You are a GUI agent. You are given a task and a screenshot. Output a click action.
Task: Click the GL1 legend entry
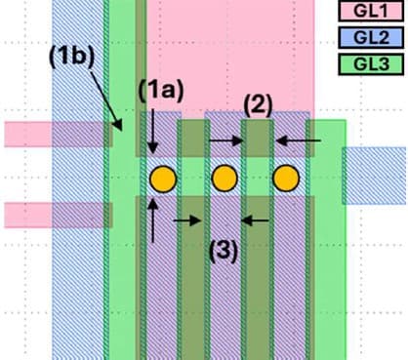pyautogui.click(x=370, y=12)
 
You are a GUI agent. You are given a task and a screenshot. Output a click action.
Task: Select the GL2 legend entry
pyautogui.click(x=370, y=38)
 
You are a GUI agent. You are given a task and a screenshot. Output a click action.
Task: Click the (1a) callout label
pyautogui.click(x=159, y=91)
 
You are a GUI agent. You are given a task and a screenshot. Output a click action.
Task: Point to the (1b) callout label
pyautogui.click(x=70, y=56)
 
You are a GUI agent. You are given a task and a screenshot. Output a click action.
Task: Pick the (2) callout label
pyautogui.click(x=257, y=104)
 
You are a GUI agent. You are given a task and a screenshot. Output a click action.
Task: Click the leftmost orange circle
pyautogui.click(x=162, y=180)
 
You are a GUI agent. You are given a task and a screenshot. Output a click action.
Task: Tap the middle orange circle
pyautogui.click(x=224, y=180)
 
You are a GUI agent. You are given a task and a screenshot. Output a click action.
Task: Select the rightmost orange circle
pyautogui.click(x=286, y=180)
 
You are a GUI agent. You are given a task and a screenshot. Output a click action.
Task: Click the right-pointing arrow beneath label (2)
pyautogui.click(x=226, y=141)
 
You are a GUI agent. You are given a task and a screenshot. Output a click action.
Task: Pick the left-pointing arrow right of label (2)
pyautogui.click(x=297, y=141)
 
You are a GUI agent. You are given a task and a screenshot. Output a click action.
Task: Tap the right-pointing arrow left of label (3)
pyautogui.click(x=187, y=220)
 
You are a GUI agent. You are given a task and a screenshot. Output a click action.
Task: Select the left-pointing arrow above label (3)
pyautogui.click(x=255, y=220)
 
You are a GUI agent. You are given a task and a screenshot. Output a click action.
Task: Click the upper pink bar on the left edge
pyautogui.click(x=54, y=134)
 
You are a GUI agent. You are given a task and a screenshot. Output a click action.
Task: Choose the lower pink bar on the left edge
pyautogui.click(x=54, y=214)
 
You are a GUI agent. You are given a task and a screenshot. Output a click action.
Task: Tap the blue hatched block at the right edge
pyautogui.click(x=376, y=176)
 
